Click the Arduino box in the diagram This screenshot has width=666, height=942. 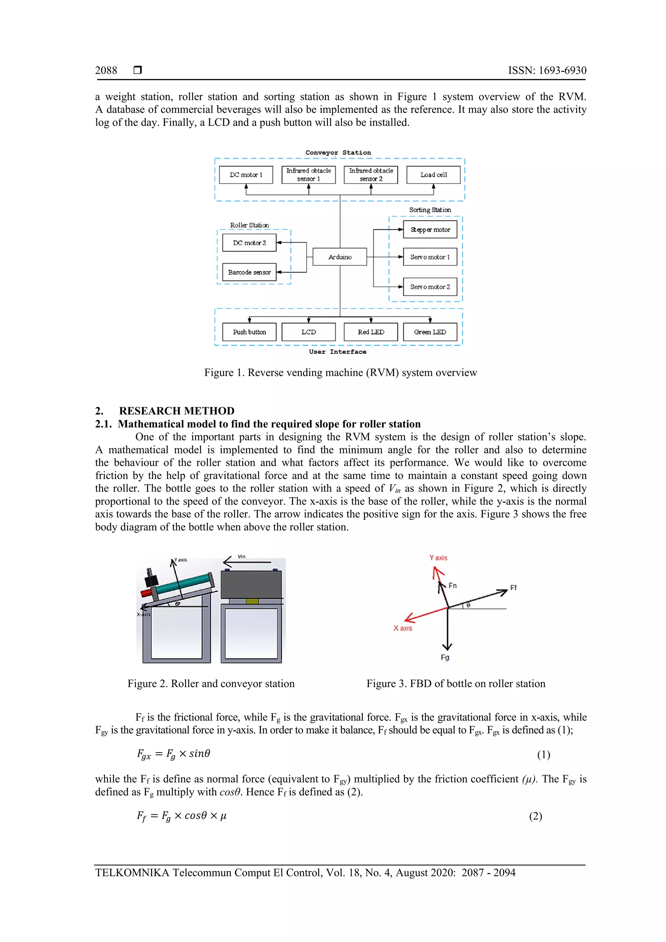340,257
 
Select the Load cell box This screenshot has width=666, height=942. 433,175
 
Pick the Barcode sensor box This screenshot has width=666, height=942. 249,272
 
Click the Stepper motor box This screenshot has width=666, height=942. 430,230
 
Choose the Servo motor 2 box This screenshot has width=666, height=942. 430,287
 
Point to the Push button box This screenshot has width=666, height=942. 249,332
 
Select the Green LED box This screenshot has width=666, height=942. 430,332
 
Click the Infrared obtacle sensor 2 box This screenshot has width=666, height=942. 371,175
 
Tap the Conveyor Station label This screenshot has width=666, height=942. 338,153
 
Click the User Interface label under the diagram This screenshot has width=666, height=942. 338,352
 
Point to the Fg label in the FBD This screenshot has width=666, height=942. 445,657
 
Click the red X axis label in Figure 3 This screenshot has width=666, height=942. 402,628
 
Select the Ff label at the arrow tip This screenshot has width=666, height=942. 513,587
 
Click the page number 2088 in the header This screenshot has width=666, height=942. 106,71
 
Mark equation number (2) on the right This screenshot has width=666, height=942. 535,816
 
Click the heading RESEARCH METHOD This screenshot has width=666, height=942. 177,411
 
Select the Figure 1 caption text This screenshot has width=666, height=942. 340,372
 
